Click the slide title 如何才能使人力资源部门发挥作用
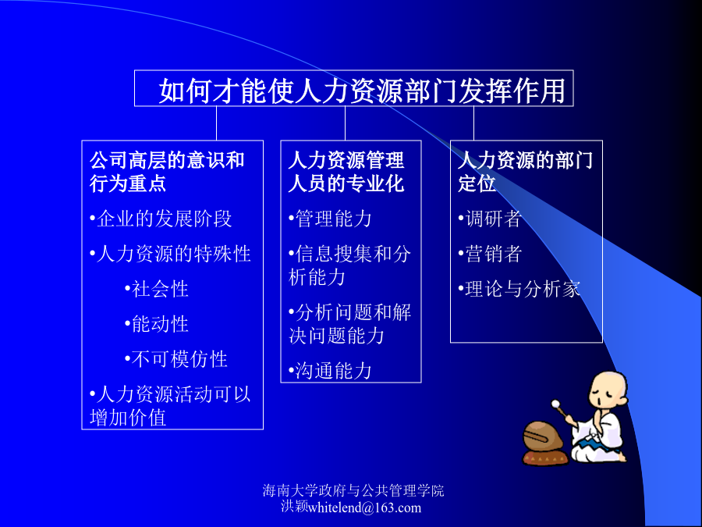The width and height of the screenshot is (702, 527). [x=362, y=91]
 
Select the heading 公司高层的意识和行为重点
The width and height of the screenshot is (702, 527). [x=167, y=172]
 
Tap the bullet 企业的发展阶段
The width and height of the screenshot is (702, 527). [x=161, y=219]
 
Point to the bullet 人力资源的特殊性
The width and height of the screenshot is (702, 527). [x=170, y=254]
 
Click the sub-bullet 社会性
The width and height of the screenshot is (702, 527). [x=156, y=289]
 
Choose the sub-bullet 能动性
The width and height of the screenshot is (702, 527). [x=156, y=323]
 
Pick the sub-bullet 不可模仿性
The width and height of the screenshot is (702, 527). [x=176, y=359]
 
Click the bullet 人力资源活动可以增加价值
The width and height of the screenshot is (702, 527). [x=170, y=405]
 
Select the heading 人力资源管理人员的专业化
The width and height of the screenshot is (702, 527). [x=346, y=172]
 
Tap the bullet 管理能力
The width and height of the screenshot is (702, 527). [x=331, y=219]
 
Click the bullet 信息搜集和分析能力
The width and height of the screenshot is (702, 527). [x=349, y=265]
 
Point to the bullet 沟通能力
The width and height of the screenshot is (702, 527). [x=331, y=371]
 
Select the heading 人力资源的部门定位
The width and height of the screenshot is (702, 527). [x=525, y=172]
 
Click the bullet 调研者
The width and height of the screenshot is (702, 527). [x=490, y=219]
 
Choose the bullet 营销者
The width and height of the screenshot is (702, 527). [x=490, y=254]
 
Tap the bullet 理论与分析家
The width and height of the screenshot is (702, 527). [x=519, y=289]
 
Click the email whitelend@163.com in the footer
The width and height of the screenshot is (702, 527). [x=364, y=507]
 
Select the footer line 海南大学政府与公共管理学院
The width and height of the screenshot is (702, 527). [x=353, y=491]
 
